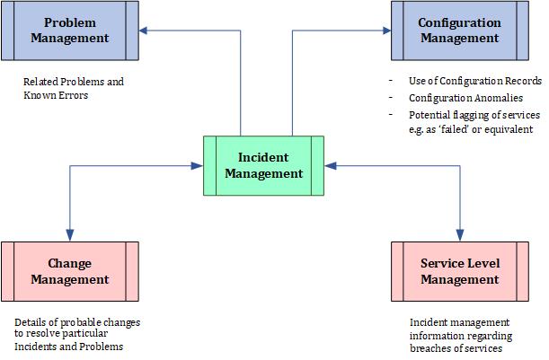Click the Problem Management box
70,31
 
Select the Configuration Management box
458,31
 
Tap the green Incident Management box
264,165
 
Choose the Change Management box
70,271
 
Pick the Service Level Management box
459,271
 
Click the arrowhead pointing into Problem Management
145,31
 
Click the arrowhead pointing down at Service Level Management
460,235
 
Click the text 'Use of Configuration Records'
463,82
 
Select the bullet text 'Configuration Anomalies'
453,98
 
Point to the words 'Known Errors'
55,94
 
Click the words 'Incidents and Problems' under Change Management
68,347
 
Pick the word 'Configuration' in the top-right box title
459,22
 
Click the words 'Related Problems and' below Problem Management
74,82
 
